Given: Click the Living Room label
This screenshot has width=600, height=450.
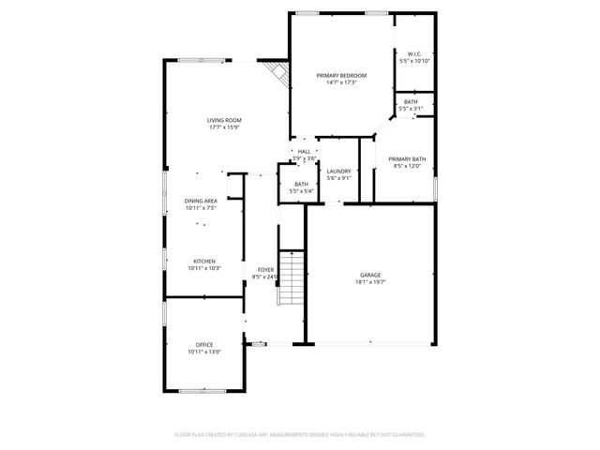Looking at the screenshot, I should (225, 120).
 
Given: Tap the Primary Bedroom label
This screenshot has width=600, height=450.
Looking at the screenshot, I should (340, 75).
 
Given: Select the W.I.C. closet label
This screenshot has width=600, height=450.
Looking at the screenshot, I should (413, 53).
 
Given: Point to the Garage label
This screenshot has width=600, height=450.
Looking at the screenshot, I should (370, 275).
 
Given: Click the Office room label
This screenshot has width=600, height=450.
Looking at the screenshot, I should (204, 344).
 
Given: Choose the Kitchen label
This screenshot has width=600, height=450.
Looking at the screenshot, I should (205, 261).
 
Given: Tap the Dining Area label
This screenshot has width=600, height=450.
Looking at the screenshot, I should (201, 201).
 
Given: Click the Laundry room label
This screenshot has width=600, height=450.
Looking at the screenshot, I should (338, 171).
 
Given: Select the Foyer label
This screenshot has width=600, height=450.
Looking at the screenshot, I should (265, 270).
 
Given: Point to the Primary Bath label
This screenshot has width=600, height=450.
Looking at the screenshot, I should (407, 159).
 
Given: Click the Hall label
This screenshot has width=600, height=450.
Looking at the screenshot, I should (304, 152).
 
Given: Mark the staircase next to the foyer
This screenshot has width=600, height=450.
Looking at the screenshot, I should (292, 278).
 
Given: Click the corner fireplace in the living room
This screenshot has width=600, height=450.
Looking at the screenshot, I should (276, 72).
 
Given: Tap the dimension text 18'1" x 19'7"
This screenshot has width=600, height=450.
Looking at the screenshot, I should (370, 282).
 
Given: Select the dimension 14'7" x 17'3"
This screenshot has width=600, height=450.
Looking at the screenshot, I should (340, 82).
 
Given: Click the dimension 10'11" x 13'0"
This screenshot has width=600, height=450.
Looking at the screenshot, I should (204, 352).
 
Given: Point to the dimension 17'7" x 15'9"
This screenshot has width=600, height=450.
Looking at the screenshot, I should (225, 127).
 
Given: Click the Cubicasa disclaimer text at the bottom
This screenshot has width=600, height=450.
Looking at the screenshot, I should (300, 435).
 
